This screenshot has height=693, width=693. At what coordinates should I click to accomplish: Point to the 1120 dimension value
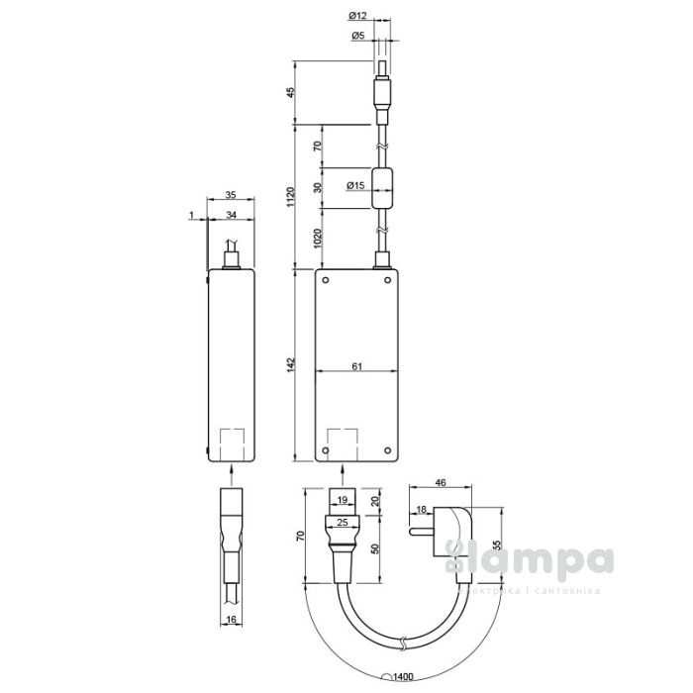290,195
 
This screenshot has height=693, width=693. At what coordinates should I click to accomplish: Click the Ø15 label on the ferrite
354,185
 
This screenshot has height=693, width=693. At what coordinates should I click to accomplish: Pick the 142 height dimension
290,364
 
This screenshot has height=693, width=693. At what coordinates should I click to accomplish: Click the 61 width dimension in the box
356,365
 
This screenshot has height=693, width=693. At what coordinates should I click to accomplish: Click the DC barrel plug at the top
382,94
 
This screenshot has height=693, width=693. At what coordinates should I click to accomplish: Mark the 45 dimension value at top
290,93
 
